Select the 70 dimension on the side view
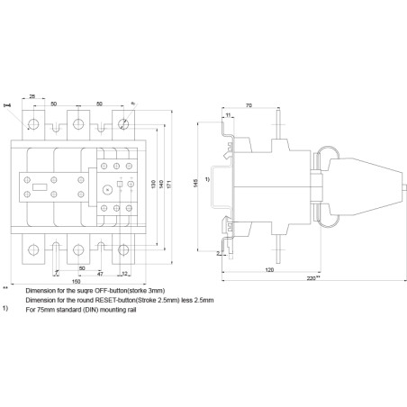pyautogui.click(x=249, y=106)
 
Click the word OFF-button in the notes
pyautogui.click(x=96, y=291)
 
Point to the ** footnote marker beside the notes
pyautogui.click(x=5, y=288)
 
